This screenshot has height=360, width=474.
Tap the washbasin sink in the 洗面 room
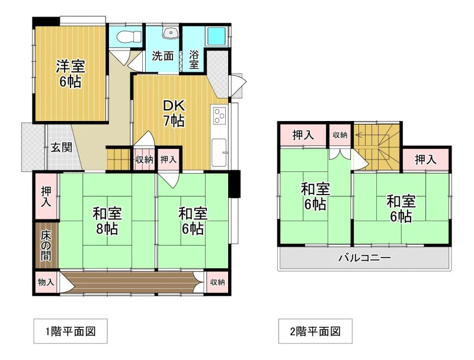click(x=171, y=33)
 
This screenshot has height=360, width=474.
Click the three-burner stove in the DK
click(x=220, y=115)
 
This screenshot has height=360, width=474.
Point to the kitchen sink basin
click(x=219, y=152)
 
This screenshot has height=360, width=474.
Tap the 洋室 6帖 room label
click(x=71, y=74)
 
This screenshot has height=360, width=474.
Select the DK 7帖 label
click(x=174, y=113)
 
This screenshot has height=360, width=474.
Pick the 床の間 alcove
click(x=46, y=246)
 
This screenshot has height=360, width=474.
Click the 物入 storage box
click(x=46, y=282)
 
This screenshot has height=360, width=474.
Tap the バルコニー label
click(x=364, y=258)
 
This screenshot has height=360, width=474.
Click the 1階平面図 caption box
click(x=71, y=331)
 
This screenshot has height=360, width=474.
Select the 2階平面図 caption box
click(x=315, y=331)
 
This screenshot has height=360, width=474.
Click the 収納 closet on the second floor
click(x=340, y=135)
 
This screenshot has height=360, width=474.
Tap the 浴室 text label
click(x=194, y=59)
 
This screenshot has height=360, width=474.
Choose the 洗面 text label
click(x=163, y=56)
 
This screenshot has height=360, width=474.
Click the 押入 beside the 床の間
click(x=46, y=196)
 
